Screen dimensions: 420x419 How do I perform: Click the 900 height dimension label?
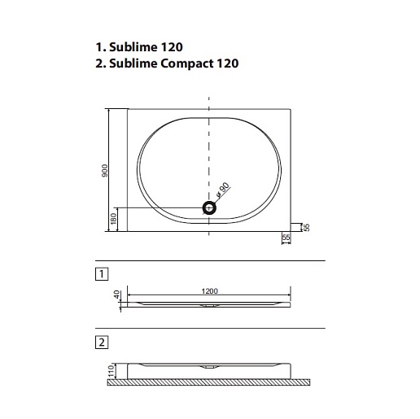(105, 171)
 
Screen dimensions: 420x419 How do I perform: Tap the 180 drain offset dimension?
(113, 219)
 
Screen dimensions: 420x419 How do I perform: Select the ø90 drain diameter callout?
(223, 190)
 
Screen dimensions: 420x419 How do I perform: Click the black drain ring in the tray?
(209, 208)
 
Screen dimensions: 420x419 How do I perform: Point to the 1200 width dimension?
(209, 291)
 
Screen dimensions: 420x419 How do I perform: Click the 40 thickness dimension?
(116, 295)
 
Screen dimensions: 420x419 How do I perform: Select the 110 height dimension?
(111, 370)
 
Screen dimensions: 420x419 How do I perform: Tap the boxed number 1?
(102, 274)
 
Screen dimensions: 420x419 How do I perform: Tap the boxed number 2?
(102, 343)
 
